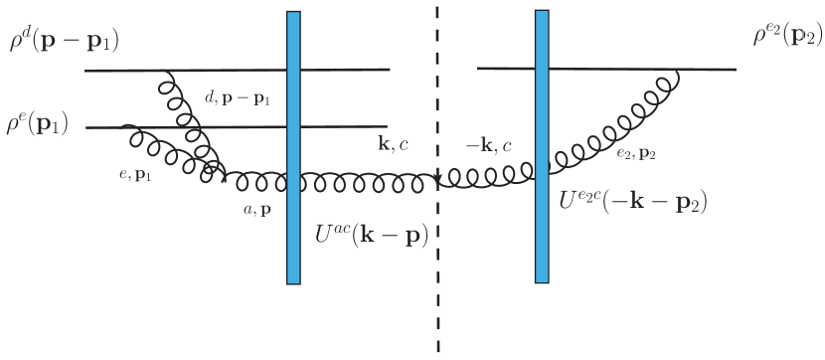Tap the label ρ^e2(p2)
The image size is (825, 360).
click(786, 38)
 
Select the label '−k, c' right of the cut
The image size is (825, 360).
click(489, 146)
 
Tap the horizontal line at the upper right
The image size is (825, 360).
click(606, 69)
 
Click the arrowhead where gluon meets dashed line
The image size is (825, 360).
click(437, 180)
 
